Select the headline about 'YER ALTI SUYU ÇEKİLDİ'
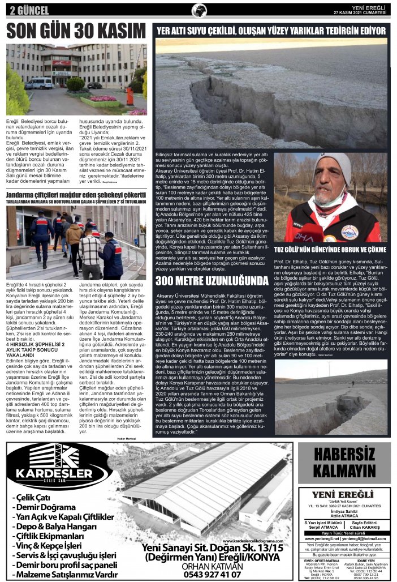pyautogui.click(x=271, y=31)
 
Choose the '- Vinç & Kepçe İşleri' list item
pyautogui.click(x=50, y=545)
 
